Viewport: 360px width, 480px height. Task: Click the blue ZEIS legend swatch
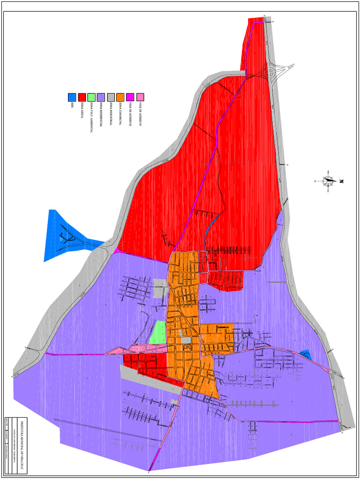72,97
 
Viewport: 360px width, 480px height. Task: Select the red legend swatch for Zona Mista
82,97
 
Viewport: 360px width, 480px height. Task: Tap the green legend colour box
91,97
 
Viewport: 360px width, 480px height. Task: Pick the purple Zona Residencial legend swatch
101,97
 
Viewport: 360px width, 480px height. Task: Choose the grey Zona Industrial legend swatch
111,97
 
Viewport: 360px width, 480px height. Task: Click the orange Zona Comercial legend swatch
120,97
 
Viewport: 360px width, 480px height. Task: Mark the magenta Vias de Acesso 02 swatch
130,97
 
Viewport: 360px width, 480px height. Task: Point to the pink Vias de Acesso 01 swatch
140,97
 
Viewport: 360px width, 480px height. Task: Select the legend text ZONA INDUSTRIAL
111,114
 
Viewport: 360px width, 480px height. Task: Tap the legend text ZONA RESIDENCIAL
101,115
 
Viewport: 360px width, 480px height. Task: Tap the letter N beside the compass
342,181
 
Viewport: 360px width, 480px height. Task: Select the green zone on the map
158,332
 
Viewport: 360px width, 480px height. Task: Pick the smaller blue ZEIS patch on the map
305,355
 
